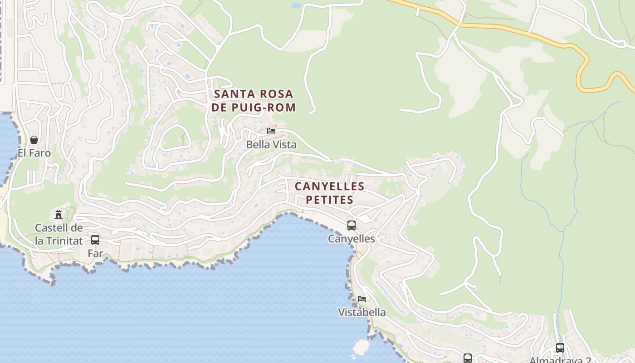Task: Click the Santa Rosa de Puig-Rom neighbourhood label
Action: point(254,101)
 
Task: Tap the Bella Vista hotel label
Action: point(271,145)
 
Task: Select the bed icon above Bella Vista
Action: point(271,131)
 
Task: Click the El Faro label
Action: point(34,153)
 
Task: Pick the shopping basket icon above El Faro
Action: point(34,140)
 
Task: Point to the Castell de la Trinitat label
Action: point(59,234)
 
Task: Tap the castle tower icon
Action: point(59,214)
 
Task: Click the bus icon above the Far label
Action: point(95,240)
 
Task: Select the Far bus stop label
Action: point(95,253)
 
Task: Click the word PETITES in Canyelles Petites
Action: point(330,200)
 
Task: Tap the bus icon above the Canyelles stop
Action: point(352,226)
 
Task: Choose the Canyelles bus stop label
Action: point(352,239)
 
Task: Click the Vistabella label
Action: point(362,312)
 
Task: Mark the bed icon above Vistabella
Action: point(362,299)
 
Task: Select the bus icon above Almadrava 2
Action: point(560,348)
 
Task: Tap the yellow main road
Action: point(522,32)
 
